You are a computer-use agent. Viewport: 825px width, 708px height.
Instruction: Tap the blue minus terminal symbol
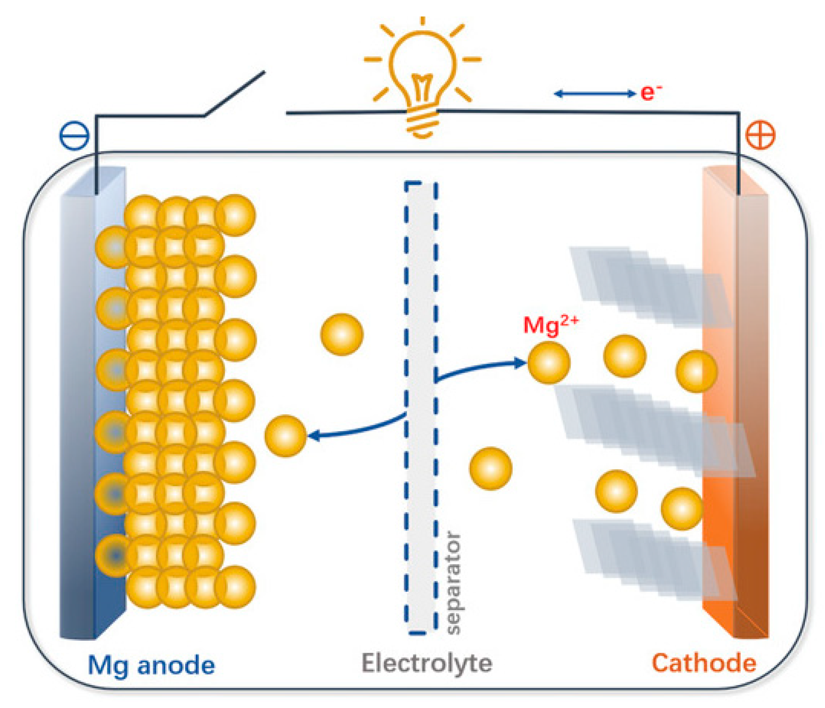(x=74, y=135)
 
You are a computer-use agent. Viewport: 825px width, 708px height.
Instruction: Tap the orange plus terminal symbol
(x=760, y=135)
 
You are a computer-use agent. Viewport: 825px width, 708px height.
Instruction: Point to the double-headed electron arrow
(x=594, y=94)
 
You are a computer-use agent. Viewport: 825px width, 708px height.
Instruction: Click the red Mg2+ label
(x=550, y=325)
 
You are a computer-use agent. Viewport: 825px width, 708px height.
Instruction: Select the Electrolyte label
(x=427, y=663)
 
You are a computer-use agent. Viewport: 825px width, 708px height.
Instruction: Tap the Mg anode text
(x=151, y=665)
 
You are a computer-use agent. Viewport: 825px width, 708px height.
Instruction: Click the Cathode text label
(x=704, y=663)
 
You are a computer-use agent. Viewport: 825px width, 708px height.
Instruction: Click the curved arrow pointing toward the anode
(x=357, y=428)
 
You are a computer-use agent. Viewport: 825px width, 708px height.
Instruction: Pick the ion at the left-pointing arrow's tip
(x=285, y=435)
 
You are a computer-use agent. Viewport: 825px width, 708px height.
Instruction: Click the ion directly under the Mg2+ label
(x=548, y=363)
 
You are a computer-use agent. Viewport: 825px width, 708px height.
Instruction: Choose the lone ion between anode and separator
(x=342, y=334)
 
